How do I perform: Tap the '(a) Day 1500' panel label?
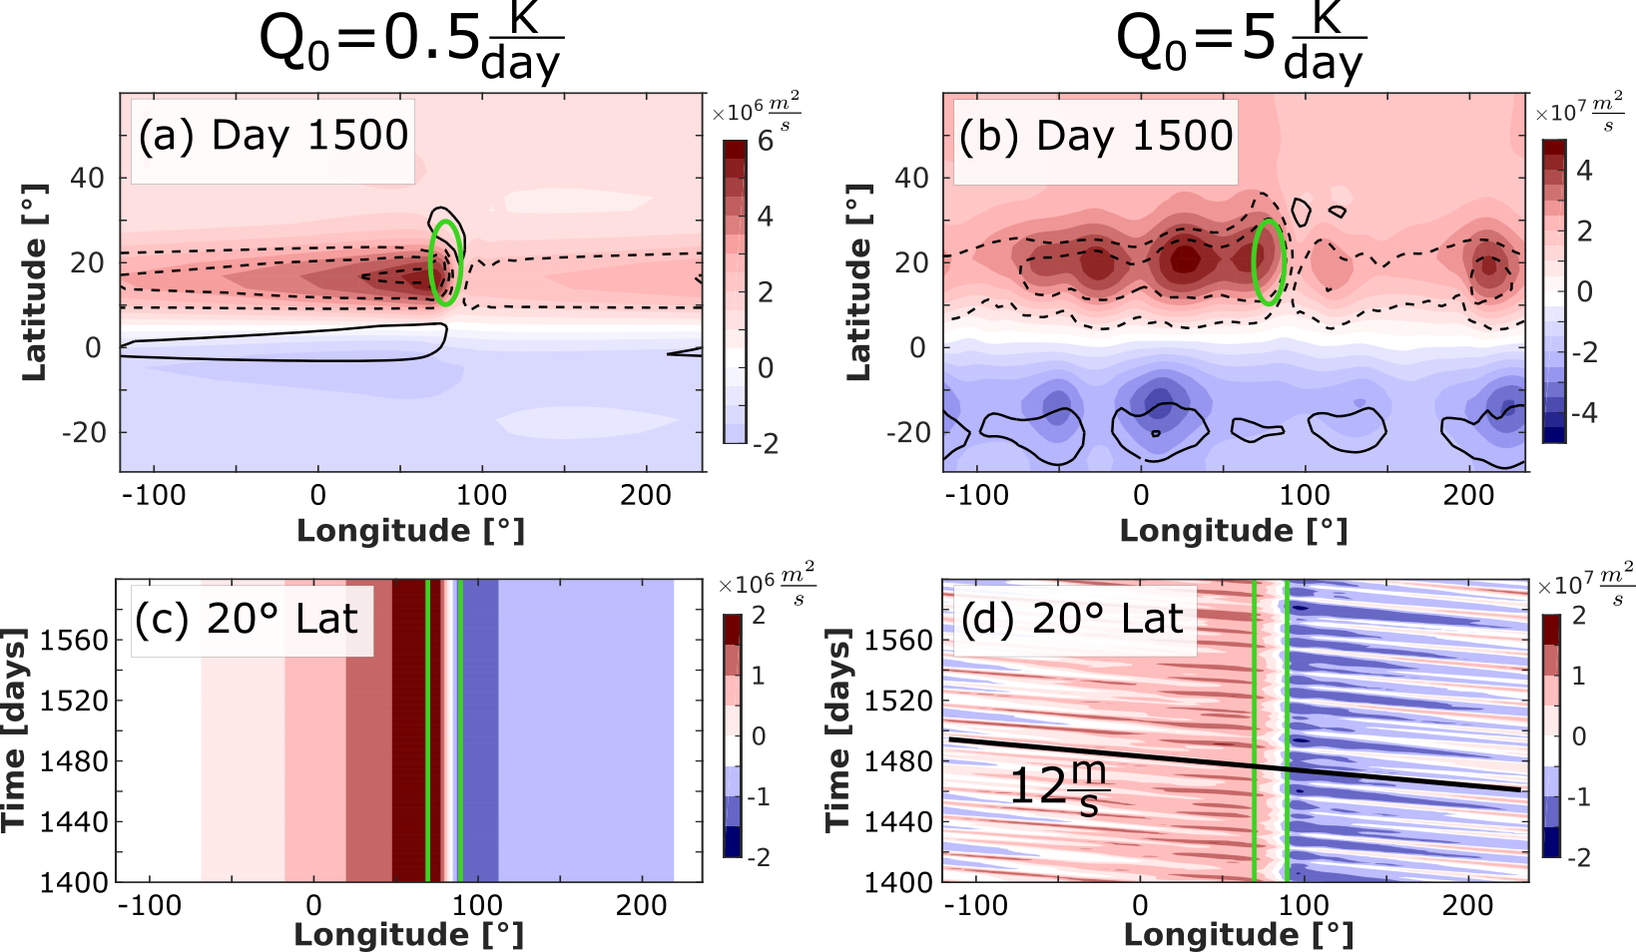click(x=273, y=136)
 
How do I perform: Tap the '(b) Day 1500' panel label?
click(x=1096, y=136)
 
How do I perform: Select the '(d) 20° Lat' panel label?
click(x=1072, y=620)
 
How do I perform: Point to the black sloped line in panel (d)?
click(x=1234, y=764)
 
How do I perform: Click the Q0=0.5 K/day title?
click(x=410, y=45)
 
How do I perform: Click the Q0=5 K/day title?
click(x=1240, y=45)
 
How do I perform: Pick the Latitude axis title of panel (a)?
click(x=35, y=281)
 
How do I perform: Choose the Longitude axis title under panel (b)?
click(x=1234, y=531)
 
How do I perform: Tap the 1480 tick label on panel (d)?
click(x=899, y=761)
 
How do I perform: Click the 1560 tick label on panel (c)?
click(x=74, y=640)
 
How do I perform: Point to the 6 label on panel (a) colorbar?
click(x=766, y=141)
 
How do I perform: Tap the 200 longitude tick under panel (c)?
click(x=641, y=905)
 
